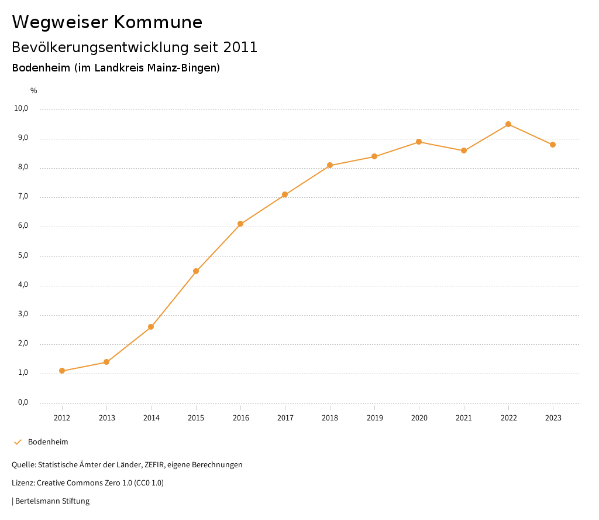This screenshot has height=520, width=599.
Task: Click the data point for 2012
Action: point(62,371)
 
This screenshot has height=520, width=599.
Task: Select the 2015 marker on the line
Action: point(196,271)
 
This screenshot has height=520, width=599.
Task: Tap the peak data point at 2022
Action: point(508,124)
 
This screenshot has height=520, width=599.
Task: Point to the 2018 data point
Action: point(330,165)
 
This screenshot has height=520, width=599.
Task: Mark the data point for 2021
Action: point(464,150)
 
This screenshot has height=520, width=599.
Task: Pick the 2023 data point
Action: point(553,145)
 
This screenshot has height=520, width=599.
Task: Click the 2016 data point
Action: point(240,224)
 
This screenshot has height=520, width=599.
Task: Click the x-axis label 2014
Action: point(152,418)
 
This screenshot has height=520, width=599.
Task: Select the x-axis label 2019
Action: point(374,418)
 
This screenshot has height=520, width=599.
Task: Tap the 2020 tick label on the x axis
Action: point(419,418)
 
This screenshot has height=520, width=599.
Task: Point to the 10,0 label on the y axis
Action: point(21,108)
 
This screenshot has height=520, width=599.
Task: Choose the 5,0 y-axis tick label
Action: point(23,255)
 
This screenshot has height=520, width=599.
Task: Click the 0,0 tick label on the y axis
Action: point(23,402)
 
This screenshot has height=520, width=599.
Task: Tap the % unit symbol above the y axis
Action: point(34,91)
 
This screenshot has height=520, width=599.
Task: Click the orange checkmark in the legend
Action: point(18,442)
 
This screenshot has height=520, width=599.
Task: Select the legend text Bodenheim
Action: point(48,442)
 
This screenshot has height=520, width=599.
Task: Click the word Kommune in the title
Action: point(158,22)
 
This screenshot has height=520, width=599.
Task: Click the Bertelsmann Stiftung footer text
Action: point(52,501)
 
